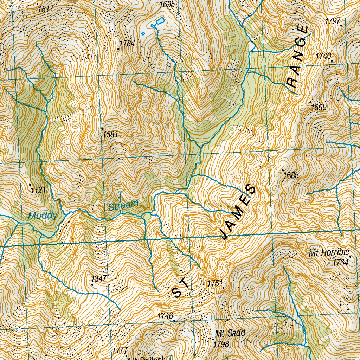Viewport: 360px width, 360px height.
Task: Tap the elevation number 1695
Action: pyautogui.click(x=167, y=4)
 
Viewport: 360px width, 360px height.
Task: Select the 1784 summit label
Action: pyautogui.click(x=127, y=43)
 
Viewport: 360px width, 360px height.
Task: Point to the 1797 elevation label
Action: pyautogui.click(x=332, y=21)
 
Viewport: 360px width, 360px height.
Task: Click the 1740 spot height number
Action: pyautogui.click(x=323, y=56)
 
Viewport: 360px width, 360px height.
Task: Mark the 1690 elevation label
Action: pyautogui.click(x=319, y=107)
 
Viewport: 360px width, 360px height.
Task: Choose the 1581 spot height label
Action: pyautogui.click(x=110, y=134)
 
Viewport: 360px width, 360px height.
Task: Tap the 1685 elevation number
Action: pyautogui.click(x=291, y=175)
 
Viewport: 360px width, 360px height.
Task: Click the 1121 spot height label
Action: pyautogui.click(x=38, y=190)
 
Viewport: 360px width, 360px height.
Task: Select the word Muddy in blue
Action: pyautogui.click(x=43, y=216)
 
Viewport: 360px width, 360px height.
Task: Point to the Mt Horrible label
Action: pyautogui.click(x=329, y=252)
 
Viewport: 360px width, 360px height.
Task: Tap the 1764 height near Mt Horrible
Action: pyautogui.click(x=340, y=262)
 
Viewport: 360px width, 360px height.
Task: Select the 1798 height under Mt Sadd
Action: pyautogui.click(x=221, y=344)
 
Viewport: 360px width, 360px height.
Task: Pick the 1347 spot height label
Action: pyautogui.click(x=99, y=279)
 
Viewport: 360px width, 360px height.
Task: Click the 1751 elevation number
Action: pyautogui.click(x=215, y=283)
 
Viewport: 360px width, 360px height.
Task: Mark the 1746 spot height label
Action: pyautogui.click(x=165, y=316)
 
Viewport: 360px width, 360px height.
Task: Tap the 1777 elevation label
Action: pyautogui.click(x=120, y=351)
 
